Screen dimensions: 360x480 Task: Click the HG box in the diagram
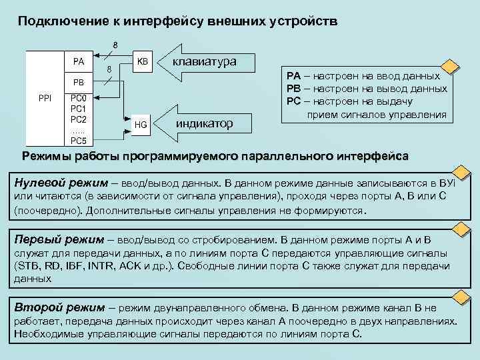(x=141, y=124)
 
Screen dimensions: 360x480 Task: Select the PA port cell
(x=79, y=62)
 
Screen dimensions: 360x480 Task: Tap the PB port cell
(x=79, y=83)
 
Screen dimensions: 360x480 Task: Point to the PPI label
(x=45, y=98)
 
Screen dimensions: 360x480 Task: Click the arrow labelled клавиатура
(x=204, y=62)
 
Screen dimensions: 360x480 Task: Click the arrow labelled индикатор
(x=204, y=124)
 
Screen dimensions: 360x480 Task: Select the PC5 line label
(x=79, y=141)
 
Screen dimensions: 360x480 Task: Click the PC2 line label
(x=79, y=119)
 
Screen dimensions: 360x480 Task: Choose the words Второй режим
(x=59, y=307)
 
